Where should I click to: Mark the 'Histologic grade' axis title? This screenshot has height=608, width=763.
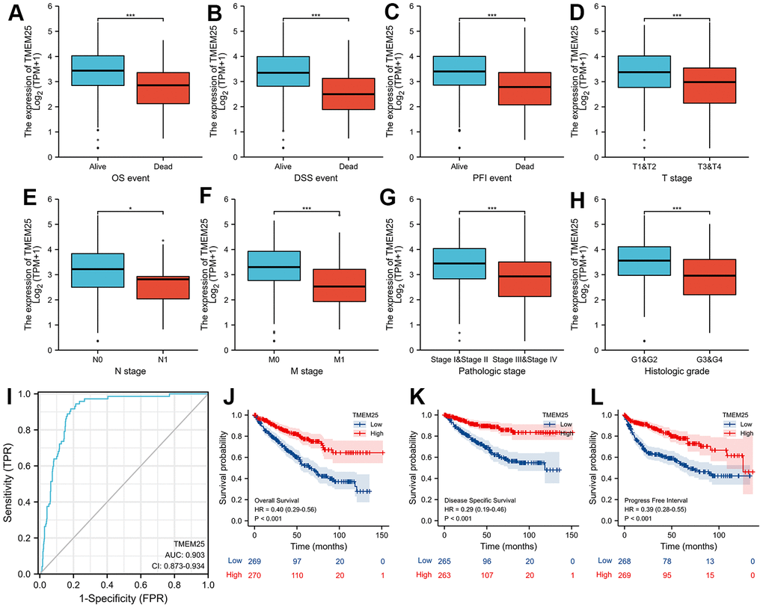point(685,373)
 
